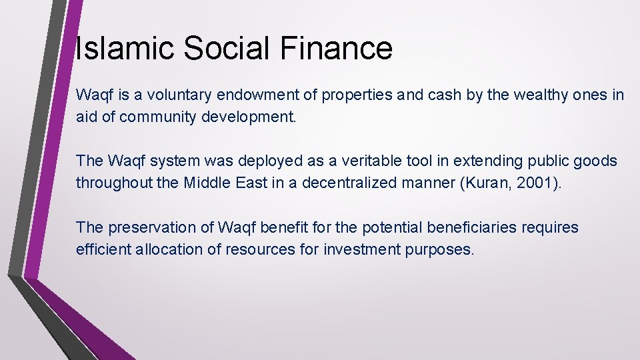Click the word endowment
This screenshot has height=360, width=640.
tap(253, 95)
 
